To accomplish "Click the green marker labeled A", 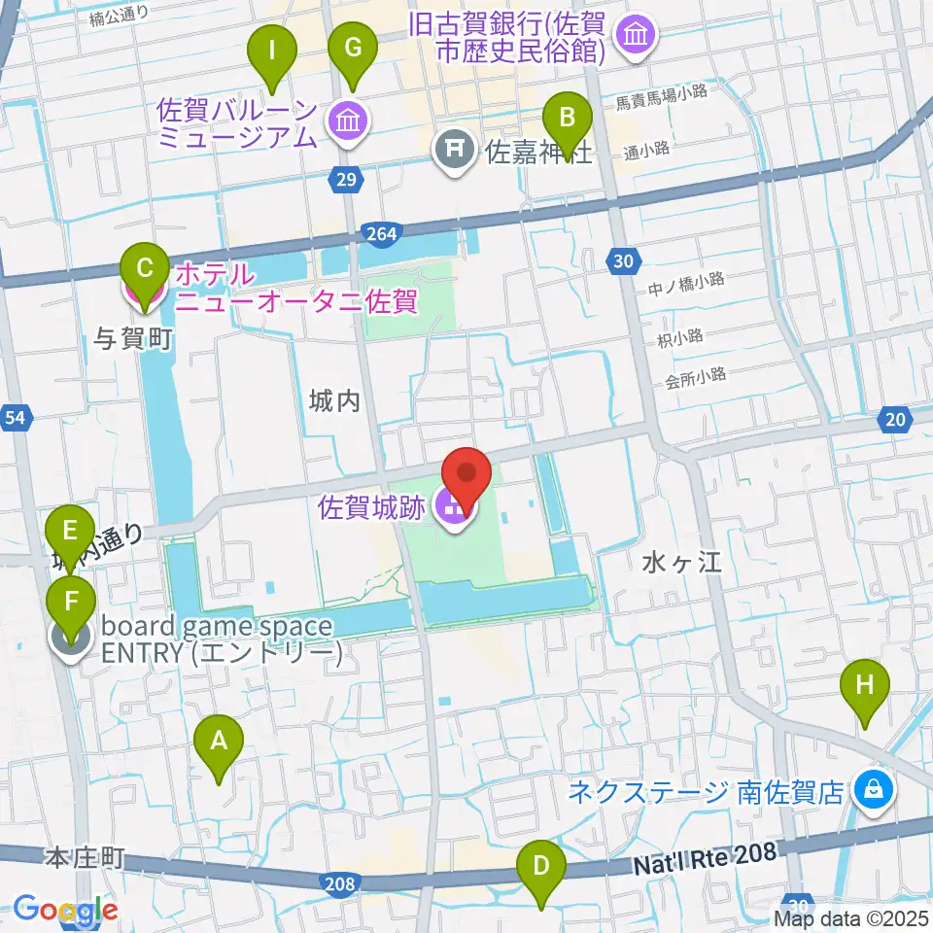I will pyautogui.click(x=219, y=744).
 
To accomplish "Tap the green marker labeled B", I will pyautogui.click(x=569, y=121).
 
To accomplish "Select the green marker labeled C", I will pyautogui.click(x=144, y=269).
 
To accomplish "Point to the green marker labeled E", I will pyautogui.click(x=71, y=533).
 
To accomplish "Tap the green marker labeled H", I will pyautogui.click(x=864, y=688).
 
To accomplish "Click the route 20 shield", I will pyautogui.click(x=895, y=420).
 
